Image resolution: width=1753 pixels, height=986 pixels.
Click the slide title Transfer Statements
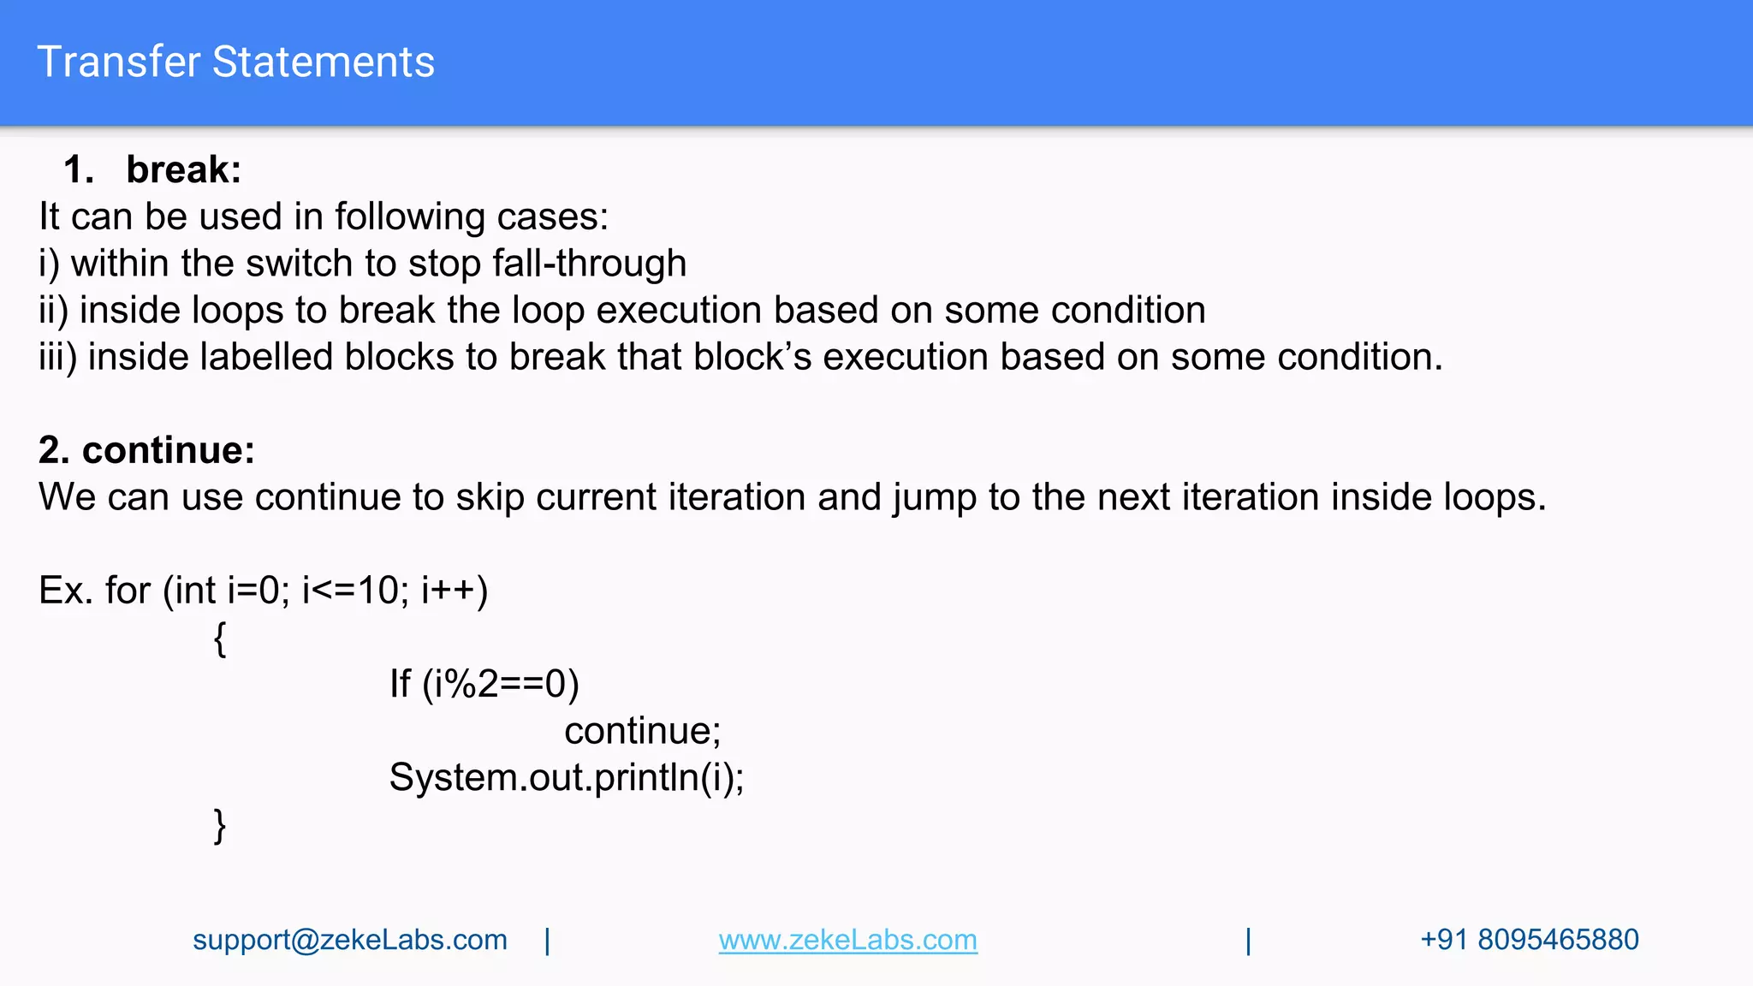point(236,62)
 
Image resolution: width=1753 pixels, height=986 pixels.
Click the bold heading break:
point(183,169)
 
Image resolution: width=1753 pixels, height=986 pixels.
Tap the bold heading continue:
point(168,450)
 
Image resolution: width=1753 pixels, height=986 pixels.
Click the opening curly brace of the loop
point(220,639)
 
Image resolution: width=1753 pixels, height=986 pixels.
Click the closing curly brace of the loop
point(220,826)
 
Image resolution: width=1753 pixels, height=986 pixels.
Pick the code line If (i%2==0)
point(484,685)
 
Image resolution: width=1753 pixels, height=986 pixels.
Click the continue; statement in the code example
point(642,731)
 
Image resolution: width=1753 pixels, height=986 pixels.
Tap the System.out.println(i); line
point(566,778)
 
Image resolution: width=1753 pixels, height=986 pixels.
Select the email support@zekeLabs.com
point(349,940)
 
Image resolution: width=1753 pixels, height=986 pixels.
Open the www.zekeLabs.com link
point(847,940)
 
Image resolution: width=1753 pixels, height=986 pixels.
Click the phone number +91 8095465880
point(1529,940)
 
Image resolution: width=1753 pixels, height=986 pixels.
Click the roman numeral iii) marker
point(57,357)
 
